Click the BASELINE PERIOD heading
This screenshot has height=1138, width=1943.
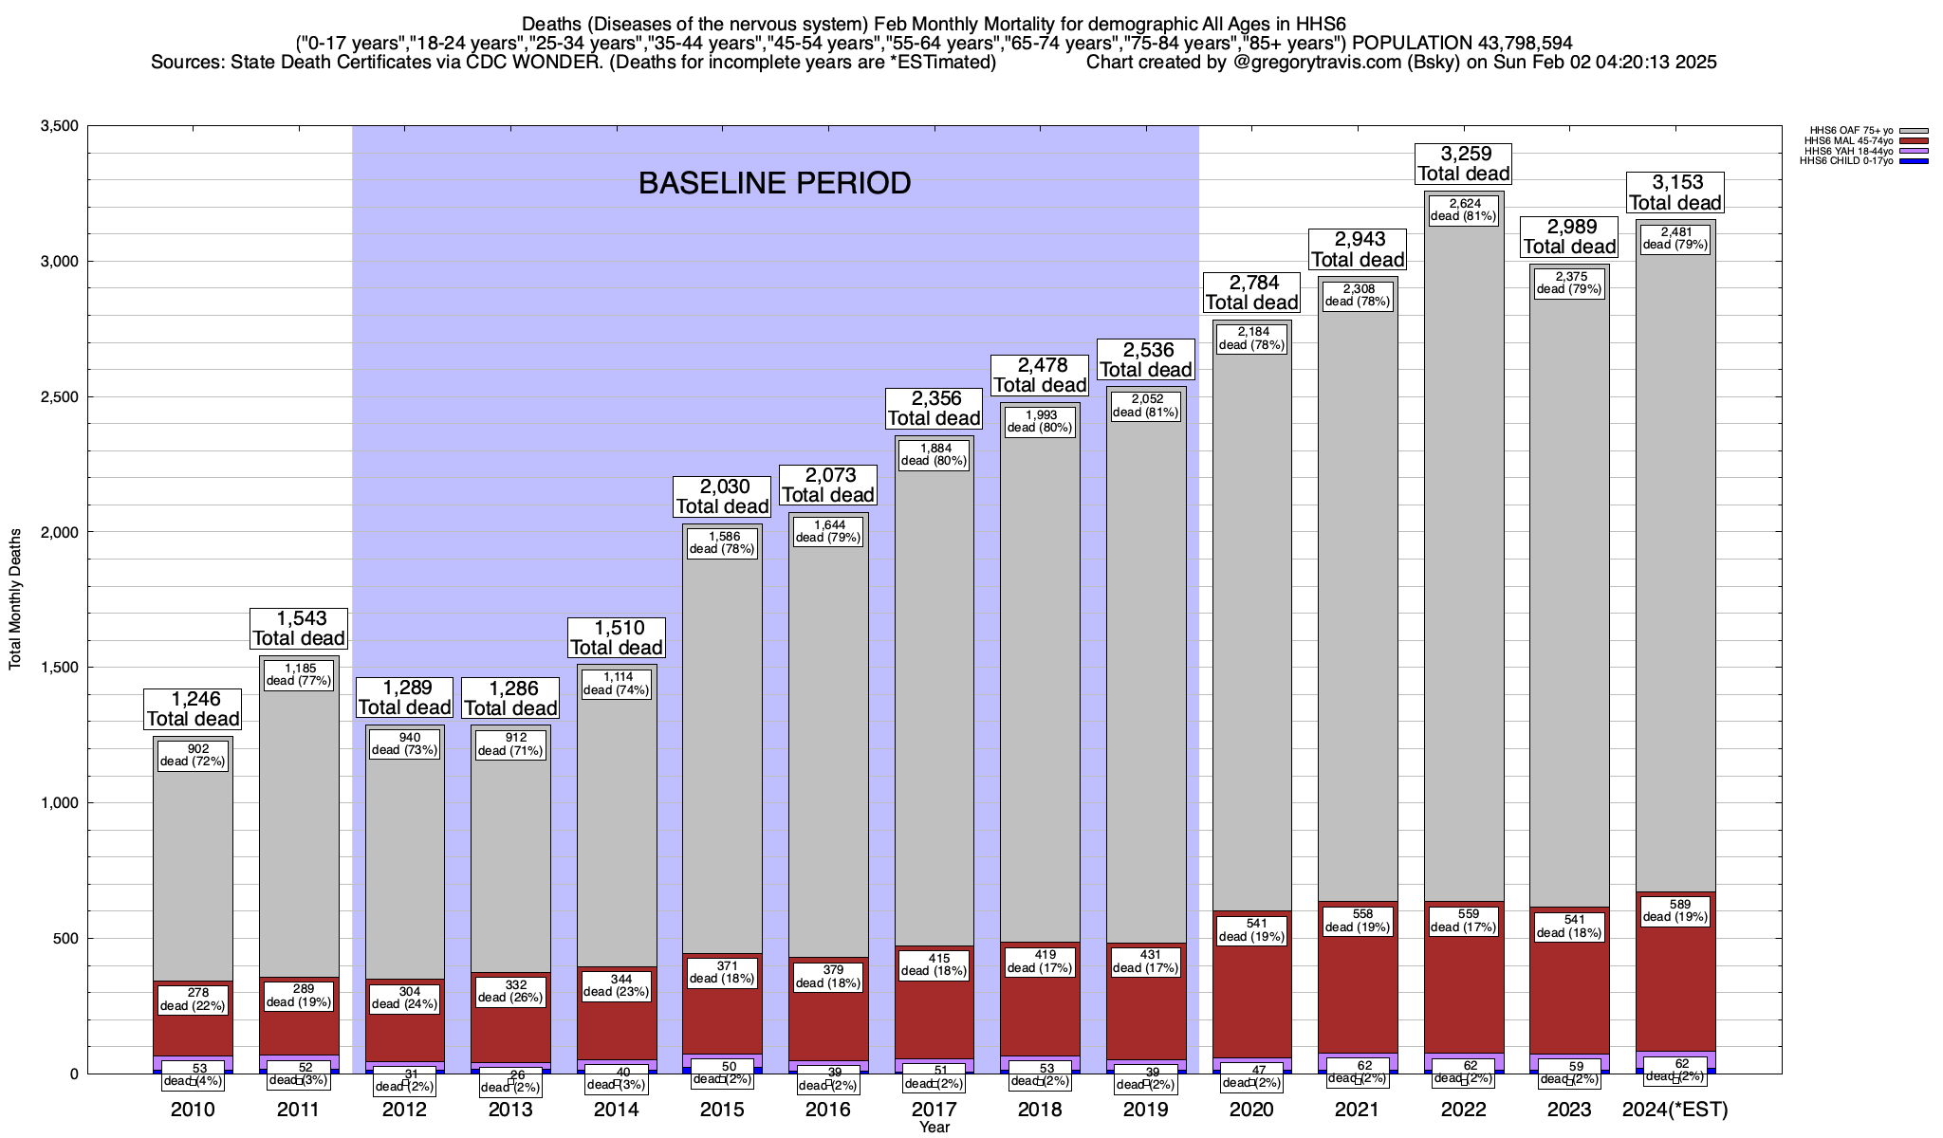point(774,183)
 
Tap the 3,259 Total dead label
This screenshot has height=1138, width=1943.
point(1463,163)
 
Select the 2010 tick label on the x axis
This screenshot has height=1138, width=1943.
point(193,1110)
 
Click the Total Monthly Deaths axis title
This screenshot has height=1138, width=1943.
point(15,599)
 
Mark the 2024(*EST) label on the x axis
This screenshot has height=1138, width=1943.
point(1675,1110)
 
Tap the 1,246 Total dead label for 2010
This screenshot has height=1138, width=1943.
point(193,708)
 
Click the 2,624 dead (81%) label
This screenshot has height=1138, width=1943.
point(1463,210)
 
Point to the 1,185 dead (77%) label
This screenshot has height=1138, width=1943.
point(299,674)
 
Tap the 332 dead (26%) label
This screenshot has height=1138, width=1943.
point(510,991)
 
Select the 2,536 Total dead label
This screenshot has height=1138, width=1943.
point(1145,359)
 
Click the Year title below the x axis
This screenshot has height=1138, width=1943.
point(934,1128)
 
